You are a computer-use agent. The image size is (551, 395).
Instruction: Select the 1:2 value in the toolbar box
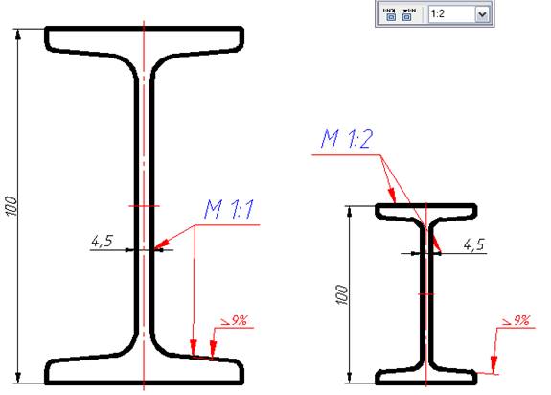click(x=450, y=15)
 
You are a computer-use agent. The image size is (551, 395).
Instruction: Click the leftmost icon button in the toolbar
click(x=391, y=15)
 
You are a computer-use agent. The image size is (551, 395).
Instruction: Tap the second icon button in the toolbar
click(x=411, y=15)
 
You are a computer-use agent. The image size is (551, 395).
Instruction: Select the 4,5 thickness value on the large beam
click(x=102, y=242)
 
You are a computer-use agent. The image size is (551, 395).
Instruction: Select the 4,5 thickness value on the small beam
click(x=472, y=245)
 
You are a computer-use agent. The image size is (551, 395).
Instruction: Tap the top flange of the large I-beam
click(x=144, y=40)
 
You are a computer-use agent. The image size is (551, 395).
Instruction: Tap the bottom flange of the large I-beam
click(x=144, y=370)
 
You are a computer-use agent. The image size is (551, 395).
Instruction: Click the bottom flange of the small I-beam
click(x=425, y=373)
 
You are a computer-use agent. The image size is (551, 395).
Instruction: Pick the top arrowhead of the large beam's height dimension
click(x=19, y=35)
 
